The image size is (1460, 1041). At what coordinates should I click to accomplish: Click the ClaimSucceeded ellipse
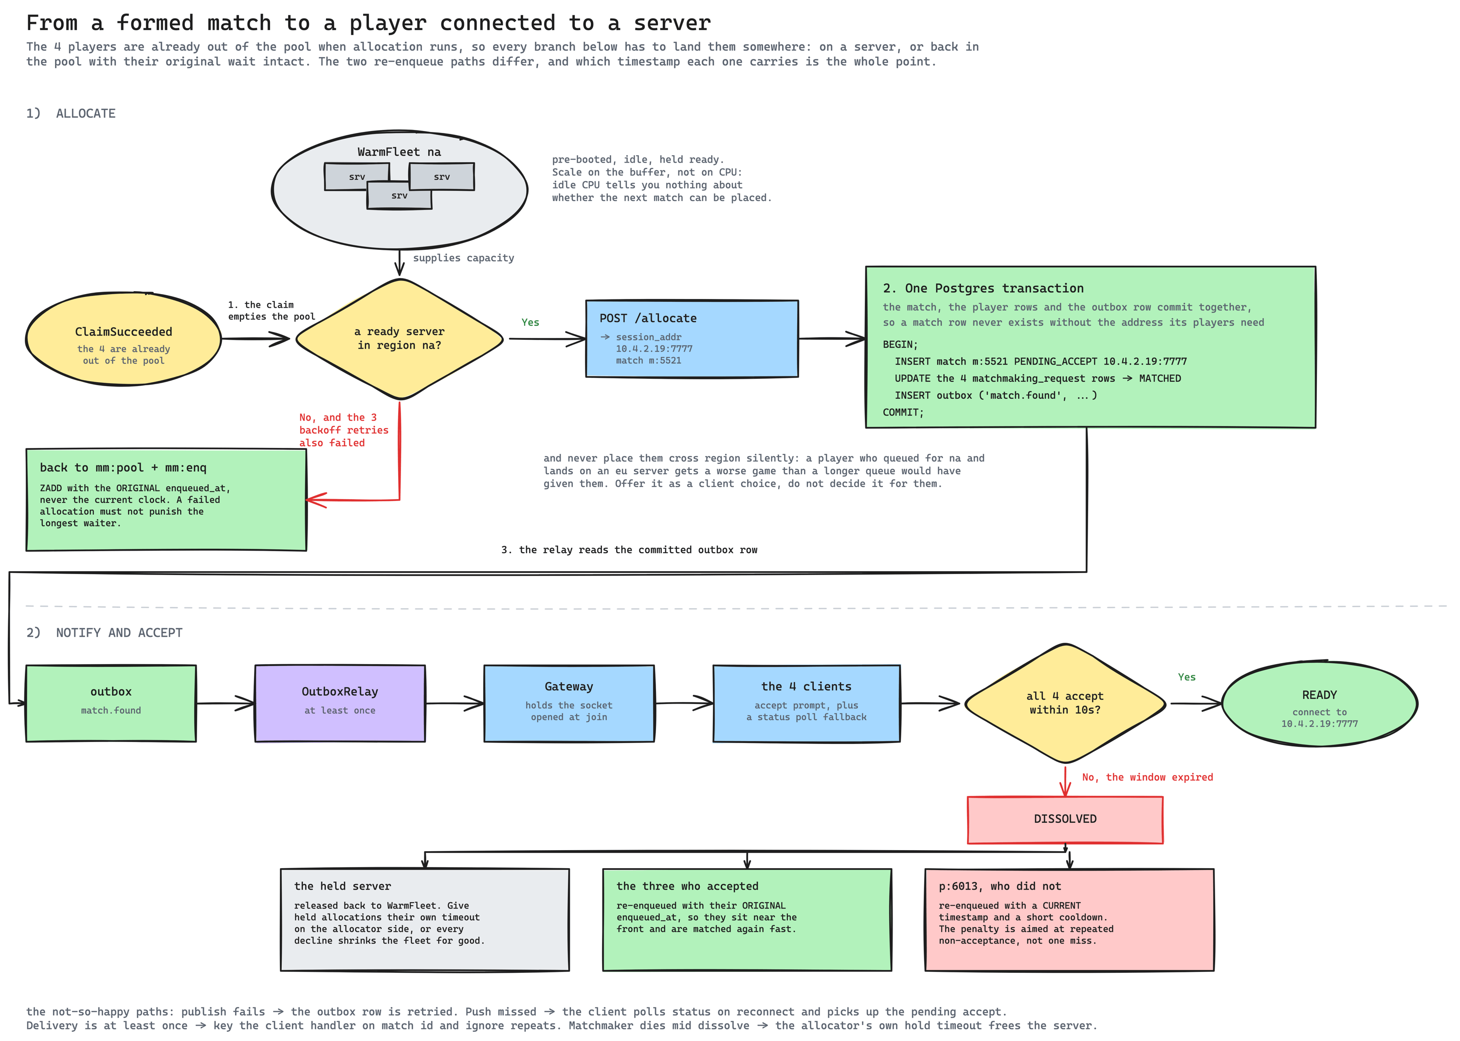tap(124, 339)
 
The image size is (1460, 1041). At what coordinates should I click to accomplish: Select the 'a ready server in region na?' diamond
tap(400, 339)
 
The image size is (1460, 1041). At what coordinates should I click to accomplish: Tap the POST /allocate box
tap(692, 338)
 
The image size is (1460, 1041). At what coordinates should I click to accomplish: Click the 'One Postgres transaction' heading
tap(984, 288)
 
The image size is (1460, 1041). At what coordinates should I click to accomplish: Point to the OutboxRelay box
tap(340, 703)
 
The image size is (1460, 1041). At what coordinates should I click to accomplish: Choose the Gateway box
tap(569, 703)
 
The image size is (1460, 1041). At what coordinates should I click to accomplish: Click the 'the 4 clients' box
tap(806, 703)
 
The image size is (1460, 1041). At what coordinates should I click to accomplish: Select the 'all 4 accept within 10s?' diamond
tap(1065, 703)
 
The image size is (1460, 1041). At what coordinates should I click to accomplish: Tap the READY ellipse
tap(1320, 703)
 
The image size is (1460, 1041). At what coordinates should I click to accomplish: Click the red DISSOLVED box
tap(1065, 819)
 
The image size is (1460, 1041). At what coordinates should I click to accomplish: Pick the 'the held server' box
tap(425, 919)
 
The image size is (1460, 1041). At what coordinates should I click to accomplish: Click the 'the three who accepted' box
tap(747, 919)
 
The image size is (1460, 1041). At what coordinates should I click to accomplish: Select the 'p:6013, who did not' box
tap(1069, 919)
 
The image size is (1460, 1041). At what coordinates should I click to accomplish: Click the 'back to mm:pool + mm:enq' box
tap(166, 500)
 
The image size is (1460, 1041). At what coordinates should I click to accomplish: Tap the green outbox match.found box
tap(111, 703)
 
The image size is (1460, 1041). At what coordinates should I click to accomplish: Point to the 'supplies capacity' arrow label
tap(463, 258)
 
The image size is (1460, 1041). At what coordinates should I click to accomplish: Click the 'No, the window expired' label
tap(1148, 777)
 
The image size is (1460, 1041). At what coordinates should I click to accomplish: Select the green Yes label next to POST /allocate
tap(530, 322)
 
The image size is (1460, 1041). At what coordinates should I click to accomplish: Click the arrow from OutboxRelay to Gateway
tap(454, 703)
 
